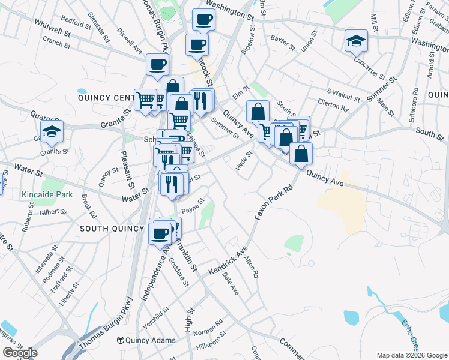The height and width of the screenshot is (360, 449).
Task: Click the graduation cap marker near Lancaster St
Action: (x=356, y=41)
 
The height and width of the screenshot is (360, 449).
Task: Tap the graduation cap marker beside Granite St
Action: (x=52, y=131)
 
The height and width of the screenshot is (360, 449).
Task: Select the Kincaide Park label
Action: (x=47, y=194)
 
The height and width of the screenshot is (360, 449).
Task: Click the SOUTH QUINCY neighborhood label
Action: (x=112, y=229)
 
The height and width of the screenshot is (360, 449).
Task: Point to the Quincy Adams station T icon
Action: (x=120, y=340)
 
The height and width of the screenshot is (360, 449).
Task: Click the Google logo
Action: (x=20, y=353)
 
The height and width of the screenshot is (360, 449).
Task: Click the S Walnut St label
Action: (x=343, y=95)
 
